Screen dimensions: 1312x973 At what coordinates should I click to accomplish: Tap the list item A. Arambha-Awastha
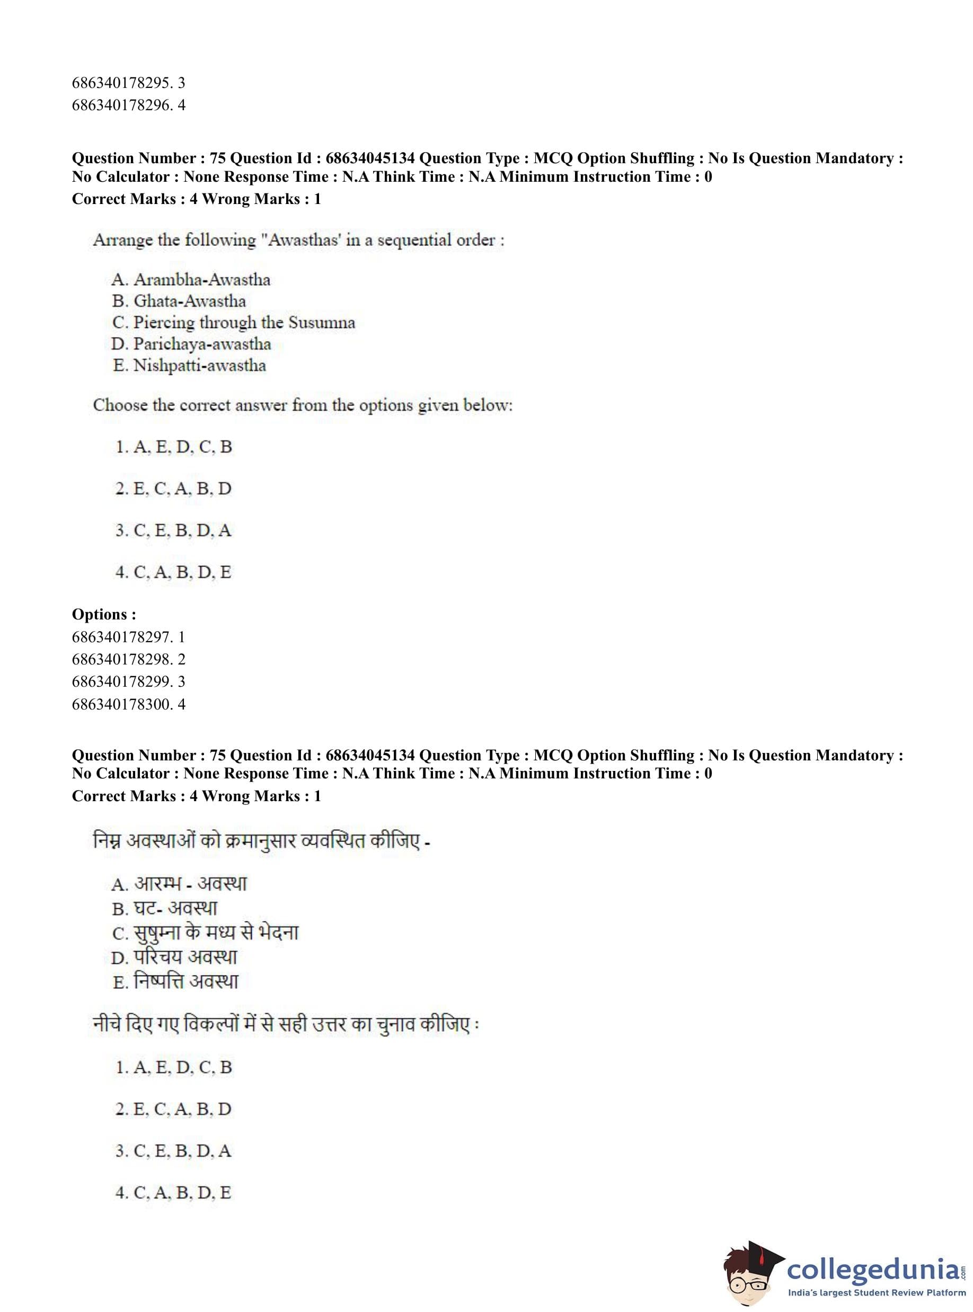[191, 280]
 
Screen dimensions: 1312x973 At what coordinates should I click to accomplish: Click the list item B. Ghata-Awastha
[179, 301]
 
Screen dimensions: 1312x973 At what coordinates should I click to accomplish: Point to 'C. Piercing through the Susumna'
[234, 323]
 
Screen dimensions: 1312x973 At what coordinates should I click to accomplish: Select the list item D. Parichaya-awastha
[191, 344]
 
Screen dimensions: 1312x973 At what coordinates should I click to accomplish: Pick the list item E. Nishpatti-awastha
[189, 366]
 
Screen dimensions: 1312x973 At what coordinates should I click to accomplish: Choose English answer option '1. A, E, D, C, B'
[174, 447]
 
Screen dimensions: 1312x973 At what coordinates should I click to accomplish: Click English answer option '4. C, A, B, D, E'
[173, 572]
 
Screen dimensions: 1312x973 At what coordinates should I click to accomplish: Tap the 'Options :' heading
[104, 614]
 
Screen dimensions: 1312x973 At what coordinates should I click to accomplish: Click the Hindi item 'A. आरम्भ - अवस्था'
[179, 884]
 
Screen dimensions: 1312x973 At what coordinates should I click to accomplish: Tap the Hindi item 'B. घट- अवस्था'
[165, 909]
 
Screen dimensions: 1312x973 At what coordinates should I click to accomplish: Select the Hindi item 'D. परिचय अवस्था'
[174, 957]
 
